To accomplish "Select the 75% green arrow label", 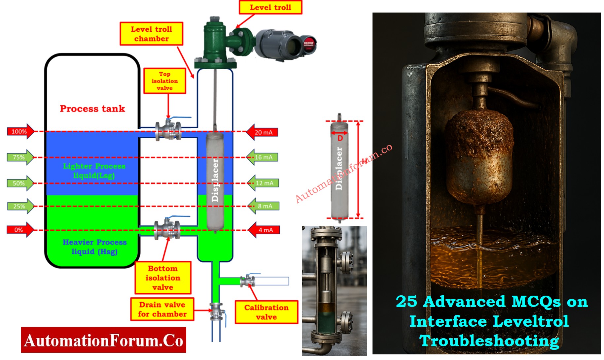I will click(20, 157).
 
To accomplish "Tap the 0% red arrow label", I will click(20, 230).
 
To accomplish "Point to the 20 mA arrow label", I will click(263, 132).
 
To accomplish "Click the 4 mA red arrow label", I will click(264, 230).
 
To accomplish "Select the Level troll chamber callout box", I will click(151, 34).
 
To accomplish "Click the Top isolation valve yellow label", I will click(164, 81).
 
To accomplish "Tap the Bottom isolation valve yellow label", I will click(163, 278).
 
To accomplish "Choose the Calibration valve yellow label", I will click(266, 312).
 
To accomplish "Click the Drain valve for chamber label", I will click(162, 309).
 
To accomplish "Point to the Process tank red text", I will click(92, 109).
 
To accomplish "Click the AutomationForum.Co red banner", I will click(103, 340).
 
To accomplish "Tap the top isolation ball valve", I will click(168, 130).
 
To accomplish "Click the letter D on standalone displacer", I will click(340, 138).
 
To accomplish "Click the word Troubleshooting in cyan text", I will click(489, 341).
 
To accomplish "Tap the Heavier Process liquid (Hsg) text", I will click(95, 247).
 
